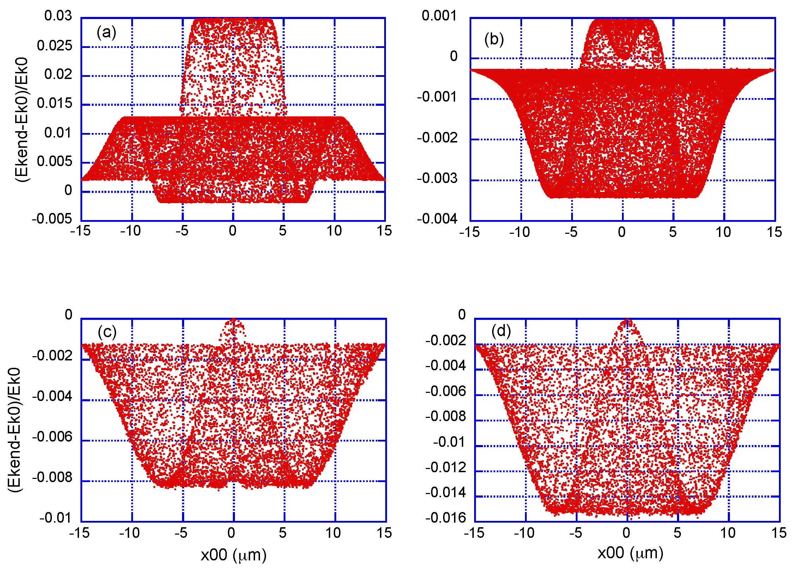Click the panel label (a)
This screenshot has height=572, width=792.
pos(106,33)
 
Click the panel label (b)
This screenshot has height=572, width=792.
pos(494,39)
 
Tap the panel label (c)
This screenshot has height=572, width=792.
pos(107,332)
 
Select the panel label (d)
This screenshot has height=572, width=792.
pos(501,331)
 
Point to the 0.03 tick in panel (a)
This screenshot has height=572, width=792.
pos(58,16)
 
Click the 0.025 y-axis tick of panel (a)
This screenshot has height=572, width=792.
pos(54,45)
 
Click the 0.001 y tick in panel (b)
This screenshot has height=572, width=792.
pos(439,16)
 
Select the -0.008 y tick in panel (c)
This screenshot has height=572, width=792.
pos(52,477)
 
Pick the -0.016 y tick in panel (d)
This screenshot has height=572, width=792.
pos(445,518)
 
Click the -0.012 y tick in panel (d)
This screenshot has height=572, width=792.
pos(445,468)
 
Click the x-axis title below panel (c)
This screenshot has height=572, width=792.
pos(234,555)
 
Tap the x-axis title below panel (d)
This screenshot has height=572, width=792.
pos(630,553)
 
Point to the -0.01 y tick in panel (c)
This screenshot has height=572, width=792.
pos(55,518)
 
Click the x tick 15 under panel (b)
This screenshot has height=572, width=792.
pos(774,232)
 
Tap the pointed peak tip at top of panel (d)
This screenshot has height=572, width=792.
pos(627,320)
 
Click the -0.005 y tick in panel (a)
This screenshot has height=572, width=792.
pos(52,219)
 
